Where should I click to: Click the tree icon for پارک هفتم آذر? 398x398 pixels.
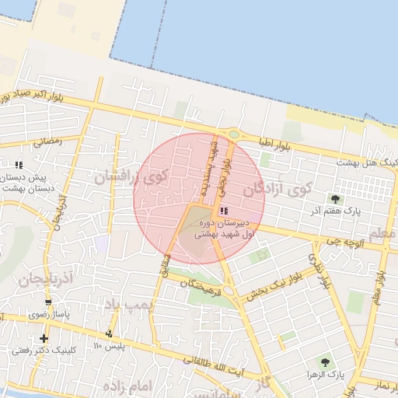point(335,199)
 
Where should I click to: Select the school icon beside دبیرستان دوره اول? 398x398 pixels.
point(225,211)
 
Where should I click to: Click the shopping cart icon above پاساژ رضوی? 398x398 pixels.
point(49,302)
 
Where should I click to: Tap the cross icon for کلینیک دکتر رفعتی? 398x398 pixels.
point(44,338)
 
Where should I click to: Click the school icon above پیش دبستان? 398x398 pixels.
point(19,165)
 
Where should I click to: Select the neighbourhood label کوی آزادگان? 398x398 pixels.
point(277,188)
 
